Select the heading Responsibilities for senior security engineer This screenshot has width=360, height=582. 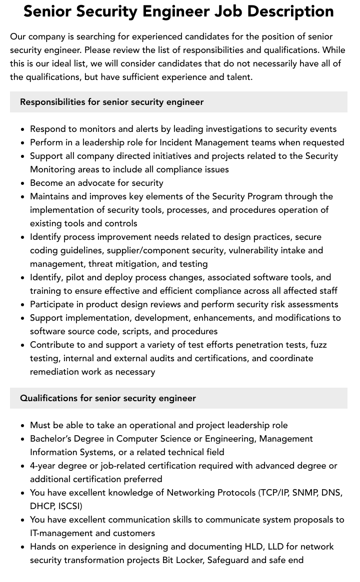[x=111, y=102]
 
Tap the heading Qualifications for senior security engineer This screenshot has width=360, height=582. [x=108, y=398]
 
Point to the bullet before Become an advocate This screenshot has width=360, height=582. [x=23, y=183]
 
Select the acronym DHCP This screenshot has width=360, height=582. [x=42, y=506]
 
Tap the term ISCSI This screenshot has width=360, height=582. [x=70, y=506]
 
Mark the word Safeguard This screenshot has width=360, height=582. [x=227, y=560]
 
